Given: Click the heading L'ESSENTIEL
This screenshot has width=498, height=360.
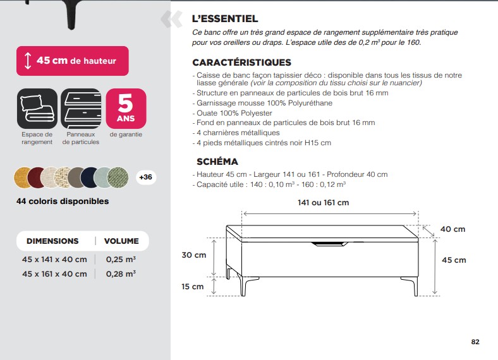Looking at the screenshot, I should point(225,20).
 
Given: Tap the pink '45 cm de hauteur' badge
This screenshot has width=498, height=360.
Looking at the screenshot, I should point(73,61).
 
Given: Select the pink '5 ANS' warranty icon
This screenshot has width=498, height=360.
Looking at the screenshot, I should point(126,108).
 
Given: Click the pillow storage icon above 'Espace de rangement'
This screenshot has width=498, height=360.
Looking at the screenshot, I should point(37,108).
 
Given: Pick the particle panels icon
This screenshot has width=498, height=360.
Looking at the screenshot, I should point(81,108).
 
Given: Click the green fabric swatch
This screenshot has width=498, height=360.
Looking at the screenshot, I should point(118,177).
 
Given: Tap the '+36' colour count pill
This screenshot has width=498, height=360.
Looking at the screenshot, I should point(145,177).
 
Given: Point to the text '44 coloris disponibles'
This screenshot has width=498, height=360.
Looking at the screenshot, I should point(63,201).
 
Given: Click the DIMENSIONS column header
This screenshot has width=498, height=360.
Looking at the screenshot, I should point(52,241).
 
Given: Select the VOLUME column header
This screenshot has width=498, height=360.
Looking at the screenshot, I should point(121,241).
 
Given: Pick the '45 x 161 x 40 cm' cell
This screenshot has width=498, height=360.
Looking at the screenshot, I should point(54,273).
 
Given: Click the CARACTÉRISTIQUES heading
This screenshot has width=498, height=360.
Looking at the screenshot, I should point(241,63).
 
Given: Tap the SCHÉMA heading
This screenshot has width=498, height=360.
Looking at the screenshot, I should point(217,162).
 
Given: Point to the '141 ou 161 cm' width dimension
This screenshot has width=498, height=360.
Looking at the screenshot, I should point(323,203).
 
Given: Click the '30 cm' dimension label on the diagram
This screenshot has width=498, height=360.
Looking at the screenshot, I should point(194,255).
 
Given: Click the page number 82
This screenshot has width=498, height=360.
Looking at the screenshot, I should point(475,342).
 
